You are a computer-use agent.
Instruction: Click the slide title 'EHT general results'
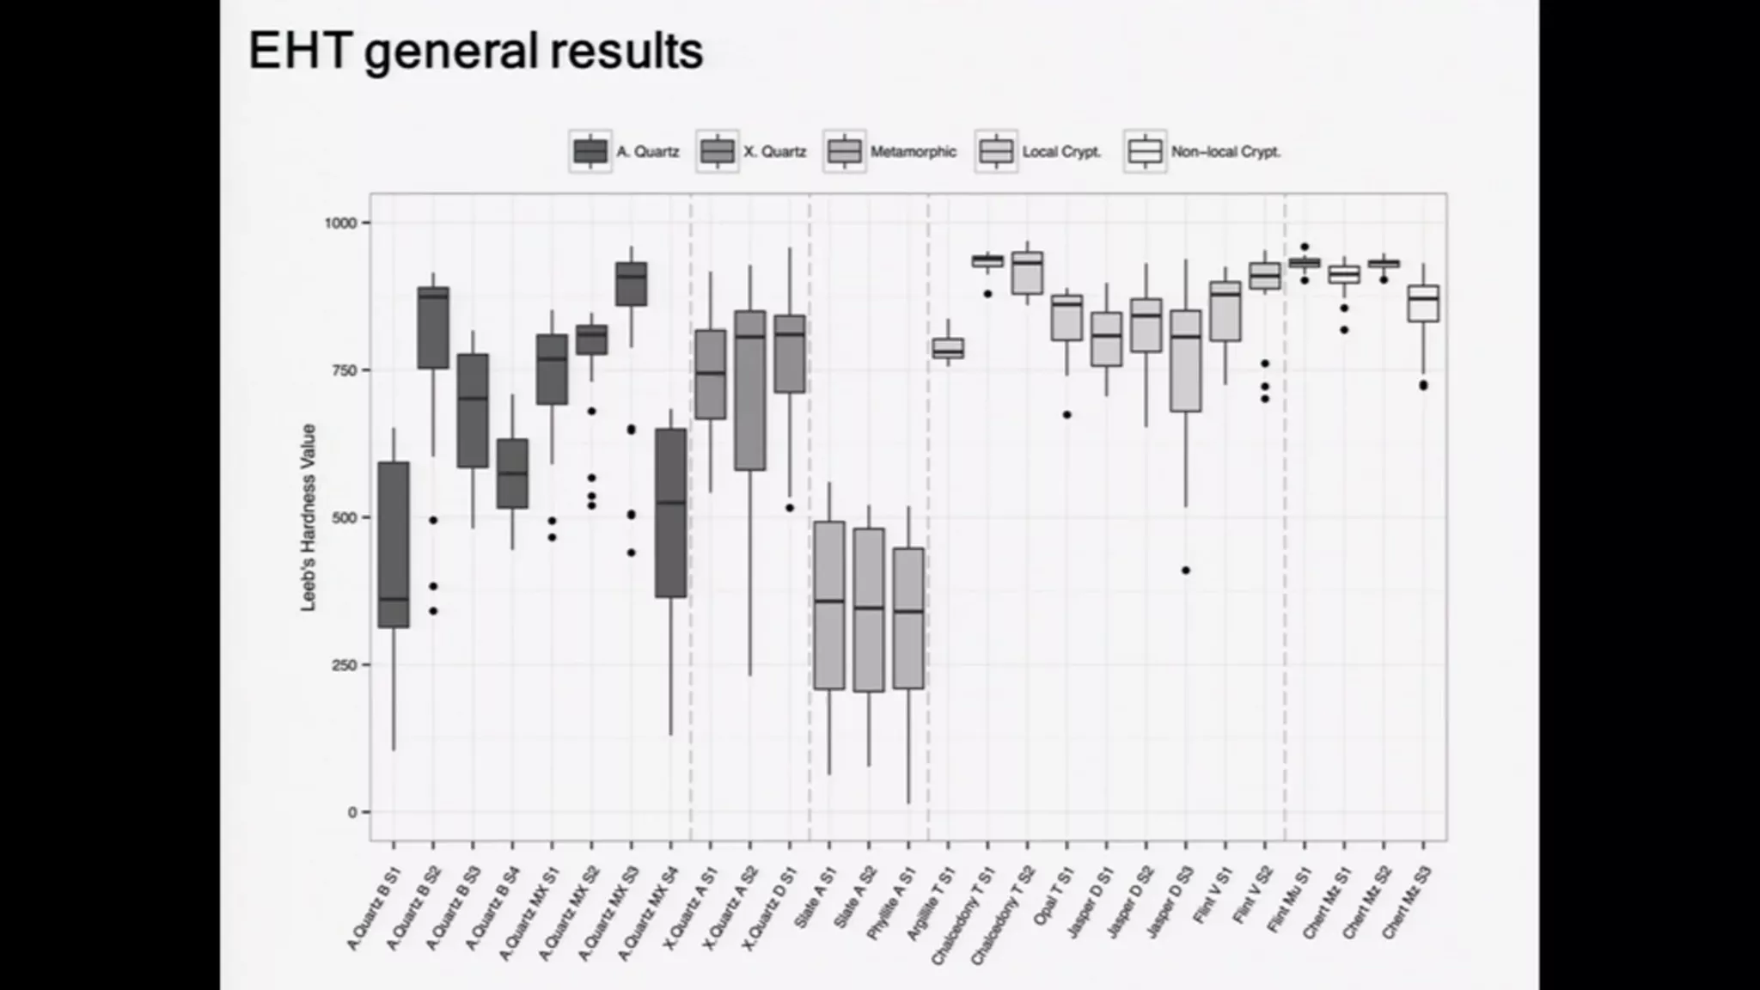click(x=475, y=52)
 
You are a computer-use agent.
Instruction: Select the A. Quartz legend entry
click(x=626, y=152)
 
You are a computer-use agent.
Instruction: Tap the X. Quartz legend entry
click(x=753, y=152)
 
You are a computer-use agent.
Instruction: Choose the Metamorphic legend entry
click(x=890, y=152)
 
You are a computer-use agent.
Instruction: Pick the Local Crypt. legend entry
click(x=1039, y=152)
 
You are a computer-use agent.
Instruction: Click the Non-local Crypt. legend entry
click(x=1203, y=152)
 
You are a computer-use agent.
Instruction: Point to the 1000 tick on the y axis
click(x=339, y=223)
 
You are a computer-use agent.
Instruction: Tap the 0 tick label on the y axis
click(x=352, y=812)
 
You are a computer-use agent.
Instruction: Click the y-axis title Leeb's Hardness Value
click(x=309, y=517)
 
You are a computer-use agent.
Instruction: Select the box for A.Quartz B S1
click(x=394, y=545)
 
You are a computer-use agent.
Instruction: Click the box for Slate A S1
click(x=829, y=605)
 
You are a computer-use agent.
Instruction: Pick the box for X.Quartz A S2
click(x=750, y=390)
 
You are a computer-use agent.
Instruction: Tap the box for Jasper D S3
click(x=1186, y=361)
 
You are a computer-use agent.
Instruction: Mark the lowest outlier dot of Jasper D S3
click(x=1186, y=571)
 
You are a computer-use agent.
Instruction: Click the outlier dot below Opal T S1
click(x=1067, y=415)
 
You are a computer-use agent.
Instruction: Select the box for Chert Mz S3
click(x=1423, y=303)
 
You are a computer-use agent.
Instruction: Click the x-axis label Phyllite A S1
click(x=891, y=903)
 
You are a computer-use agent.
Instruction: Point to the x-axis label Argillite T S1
click(x=932, y=903)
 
